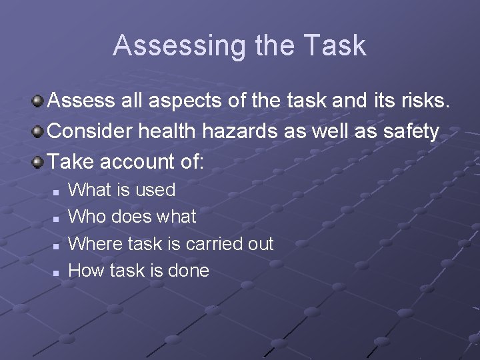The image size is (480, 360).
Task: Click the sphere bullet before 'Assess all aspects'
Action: point(39,101)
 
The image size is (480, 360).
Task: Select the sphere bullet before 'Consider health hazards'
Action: point(39,131)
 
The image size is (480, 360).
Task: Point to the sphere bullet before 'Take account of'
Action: point(39,161)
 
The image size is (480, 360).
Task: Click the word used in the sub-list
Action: point(155,190)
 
